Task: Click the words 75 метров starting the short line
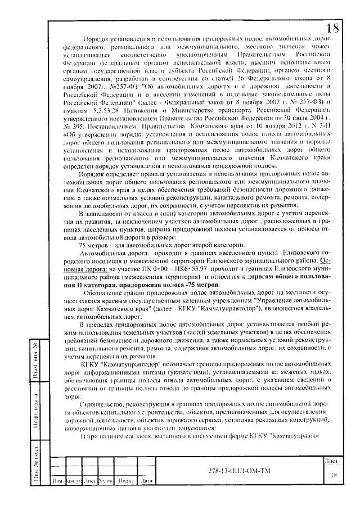click(94, 245)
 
